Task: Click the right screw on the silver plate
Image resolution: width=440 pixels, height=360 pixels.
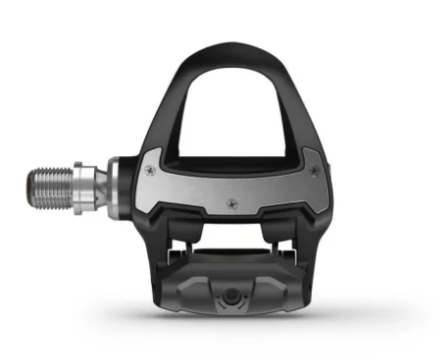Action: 314,171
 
